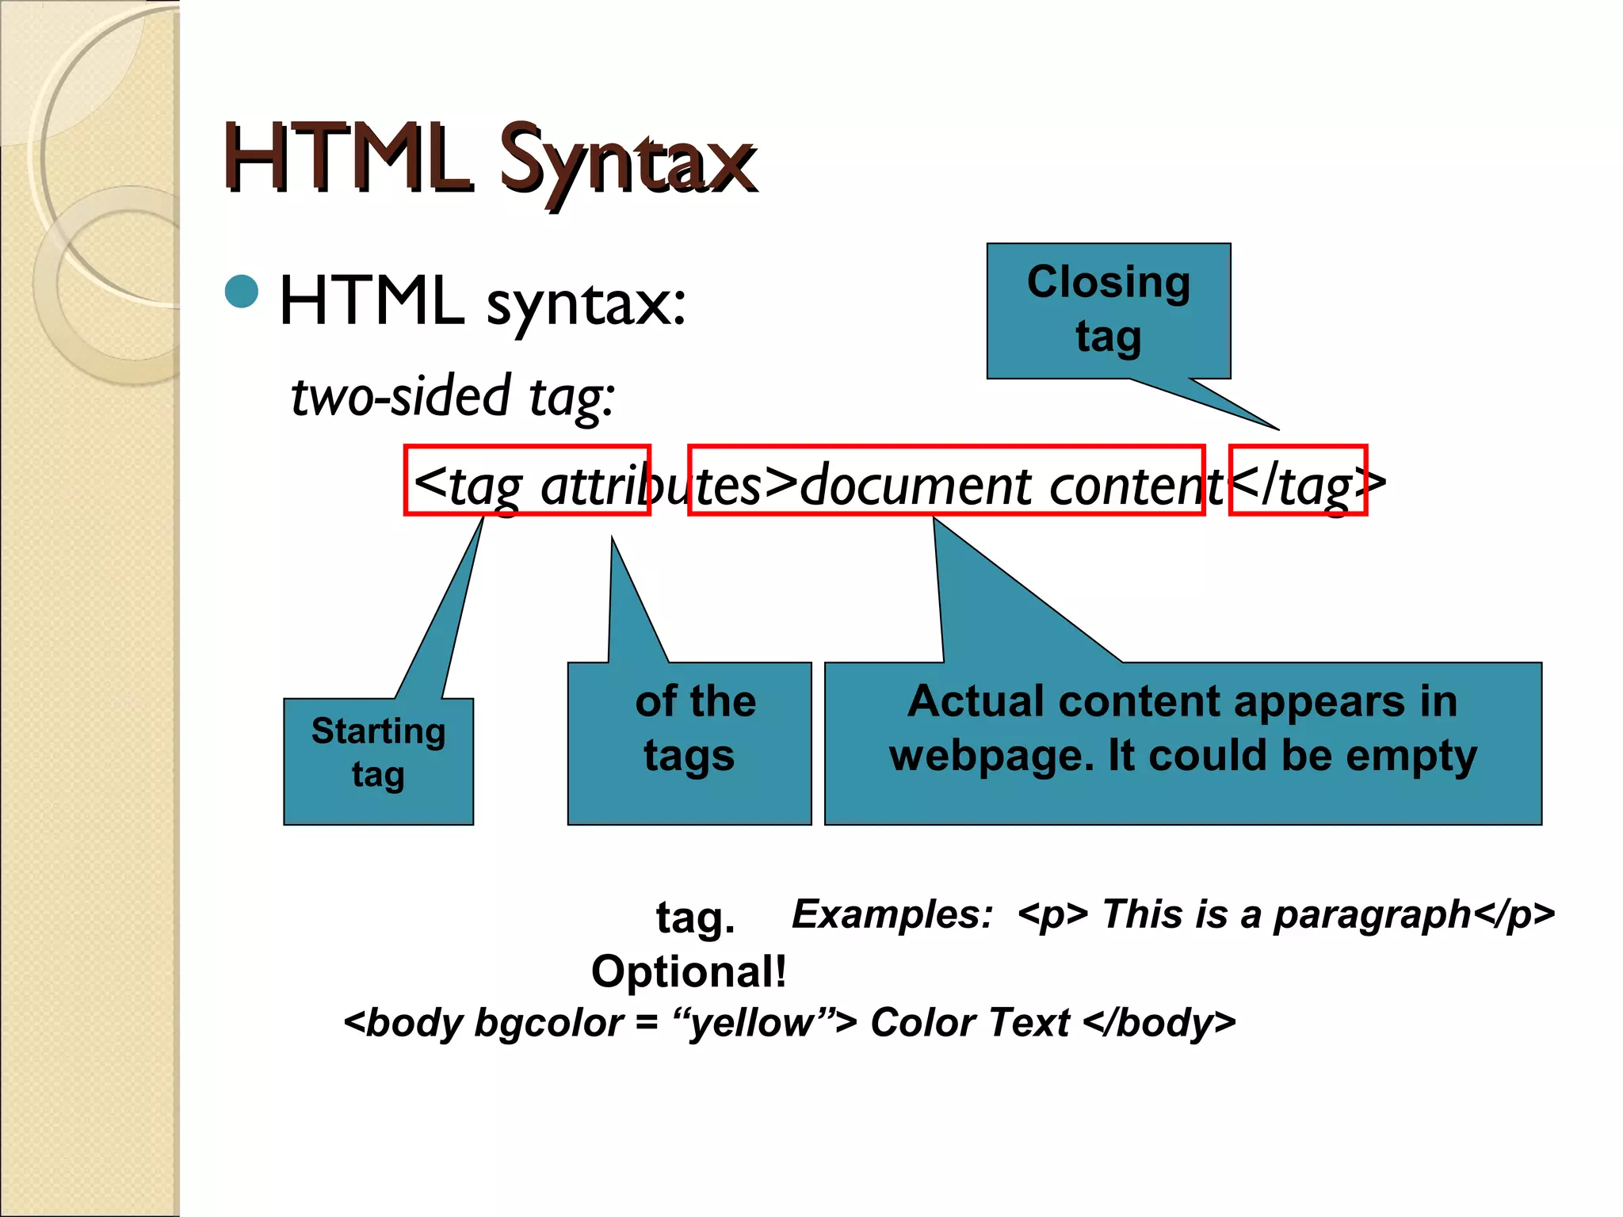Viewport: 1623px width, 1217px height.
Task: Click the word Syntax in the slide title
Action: point(628,161)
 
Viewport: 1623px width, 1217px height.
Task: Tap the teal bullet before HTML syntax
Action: point(242,292)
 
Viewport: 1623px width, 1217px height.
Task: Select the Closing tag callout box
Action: point(1108,310)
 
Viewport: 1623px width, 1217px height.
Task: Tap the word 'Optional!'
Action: point(689,971)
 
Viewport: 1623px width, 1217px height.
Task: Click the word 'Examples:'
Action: point(892,914)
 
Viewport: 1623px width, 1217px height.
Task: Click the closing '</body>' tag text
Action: point(1159,1023)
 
